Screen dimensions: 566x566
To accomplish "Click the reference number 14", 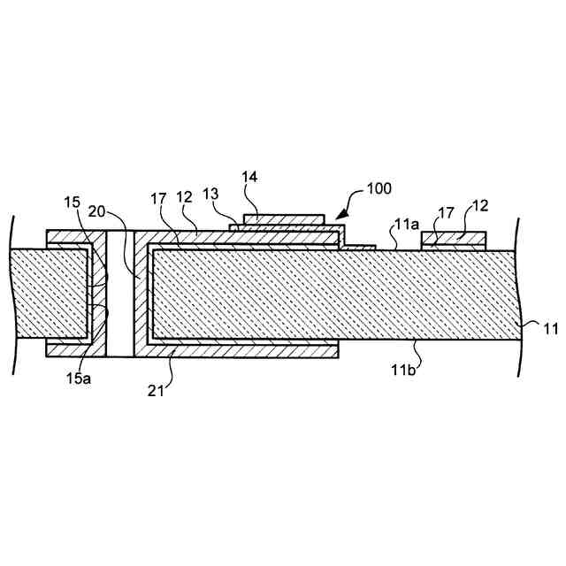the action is (249, 178).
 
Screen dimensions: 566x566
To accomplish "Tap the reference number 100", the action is (379, 188).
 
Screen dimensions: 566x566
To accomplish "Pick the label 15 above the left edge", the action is (71, 203).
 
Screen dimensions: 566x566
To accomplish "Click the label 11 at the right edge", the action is (550, 330).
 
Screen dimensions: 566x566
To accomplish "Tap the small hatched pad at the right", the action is (455, 240).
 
